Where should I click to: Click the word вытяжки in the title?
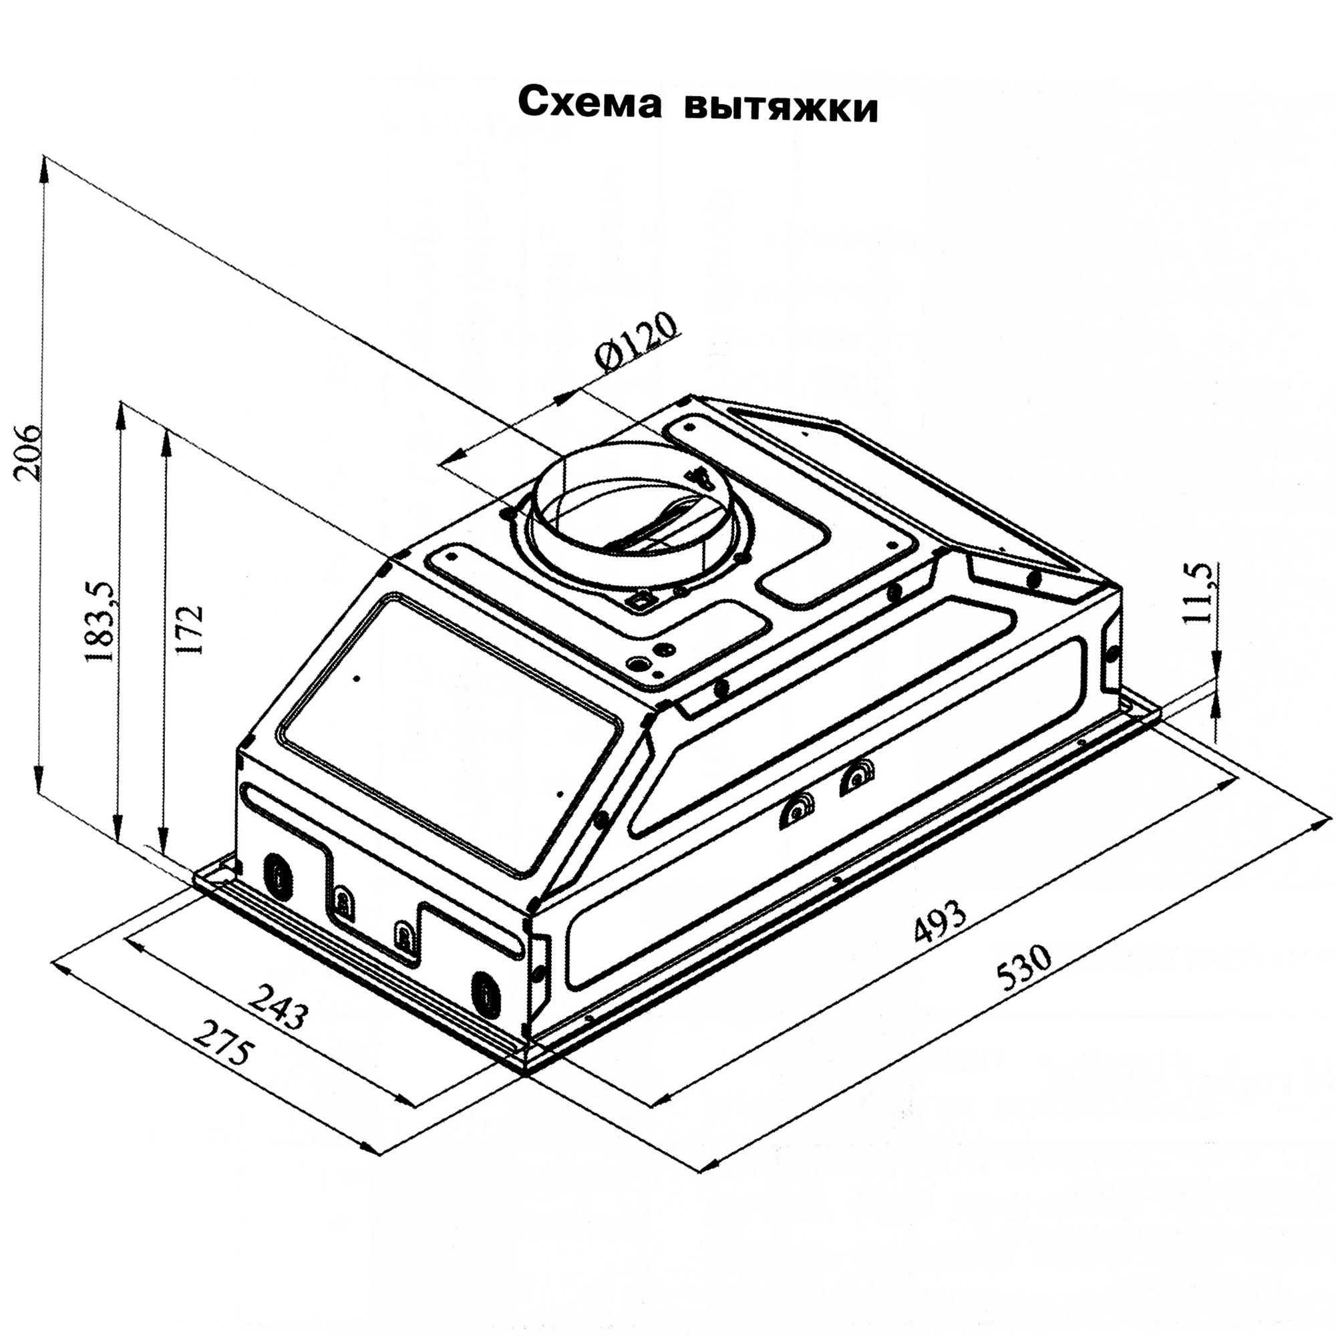tap(781, 105)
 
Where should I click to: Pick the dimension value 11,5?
tap(1202, 593)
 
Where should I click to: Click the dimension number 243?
tap(277, 1005)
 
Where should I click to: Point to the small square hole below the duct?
tap(640, 601)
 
